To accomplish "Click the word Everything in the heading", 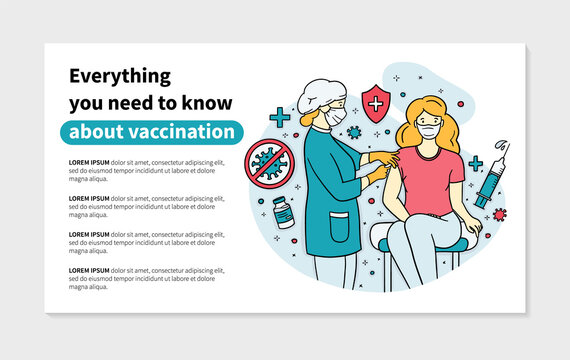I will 119,76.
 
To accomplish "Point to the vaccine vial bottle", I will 284,211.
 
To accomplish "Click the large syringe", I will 490,178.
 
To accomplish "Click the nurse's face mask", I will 336,118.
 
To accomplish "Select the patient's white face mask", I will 429,131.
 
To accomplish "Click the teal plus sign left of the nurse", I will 279,119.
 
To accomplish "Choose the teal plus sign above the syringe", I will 475,163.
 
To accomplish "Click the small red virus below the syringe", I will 499,214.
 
